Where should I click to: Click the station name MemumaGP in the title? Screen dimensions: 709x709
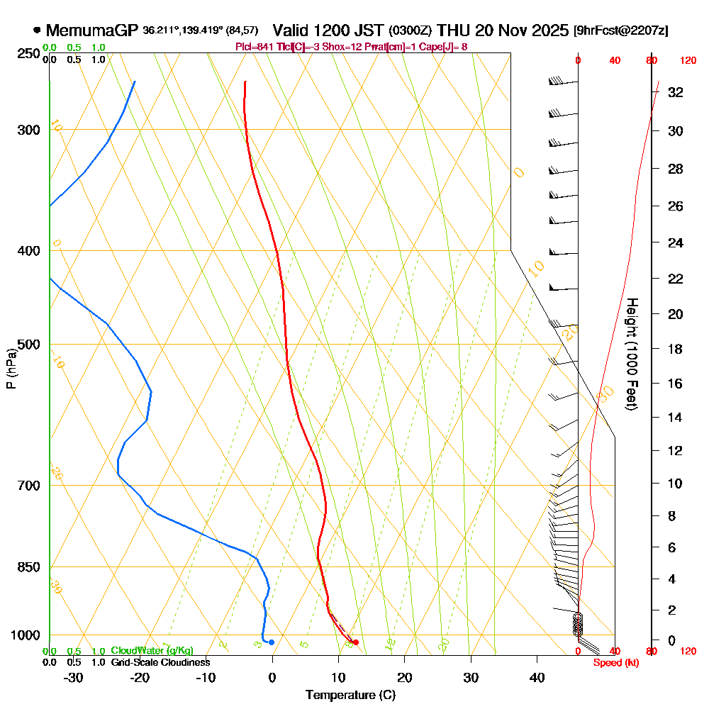coord(92,30)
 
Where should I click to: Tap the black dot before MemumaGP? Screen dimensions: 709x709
coord(37,30)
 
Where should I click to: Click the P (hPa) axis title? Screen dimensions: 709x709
coord(11,368)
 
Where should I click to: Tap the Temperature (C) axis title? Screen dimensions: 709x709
coord(351,695)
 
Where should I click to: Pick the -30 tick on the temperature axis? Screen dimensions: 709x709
coord(73,677)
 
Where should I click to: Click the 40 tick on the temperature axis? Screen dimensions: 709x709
coord(537,677)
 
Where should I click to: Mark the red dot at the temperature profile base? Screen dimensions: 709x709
coord(356,642)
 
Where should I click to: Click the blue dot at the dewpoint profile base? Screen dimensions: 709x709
coord(272,642)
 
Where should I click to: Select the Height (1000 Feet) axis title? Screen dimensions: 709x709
coord(630,354)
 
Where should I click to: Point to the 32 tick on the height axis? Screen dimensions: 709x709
coord(676,92)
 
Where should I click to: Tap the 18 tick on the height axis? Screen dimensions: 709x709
coord(676,349)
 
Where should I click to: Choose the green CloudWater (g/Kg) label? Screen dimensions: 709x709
coord(152,651)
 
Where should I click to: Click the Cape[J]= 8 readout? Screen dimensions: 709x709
coord(445,47)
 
